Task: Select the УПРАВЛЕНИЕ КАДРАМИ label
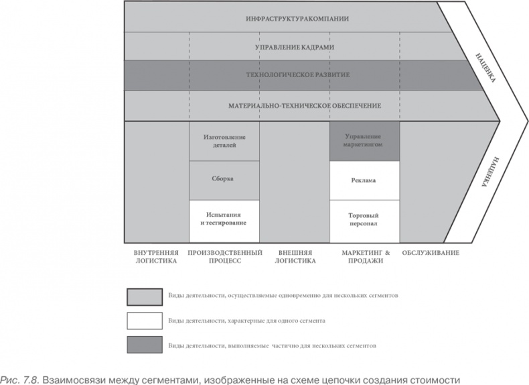click(295, 48)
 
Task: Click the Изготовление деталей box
click(224, 141)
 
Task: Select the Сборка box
click(224, 180)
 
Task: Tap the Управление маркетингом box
click(364, 141)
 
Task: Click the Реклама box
click(364, 180)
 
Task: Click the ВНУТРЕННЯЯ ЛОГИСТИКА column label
click(156, 256)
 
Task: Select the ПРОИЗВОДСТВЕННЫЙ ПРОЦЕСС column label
click(224, 256)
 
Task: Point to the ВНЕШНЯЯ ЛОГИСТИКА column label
click(295, 256)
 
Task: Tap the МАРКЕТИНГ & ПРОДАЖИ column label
click(364, 256)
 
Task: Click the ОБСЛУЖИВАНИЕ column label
click(431, 252)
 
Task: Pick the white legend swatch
click(145, 320)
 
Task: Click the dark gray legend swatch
click(145, 345)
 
